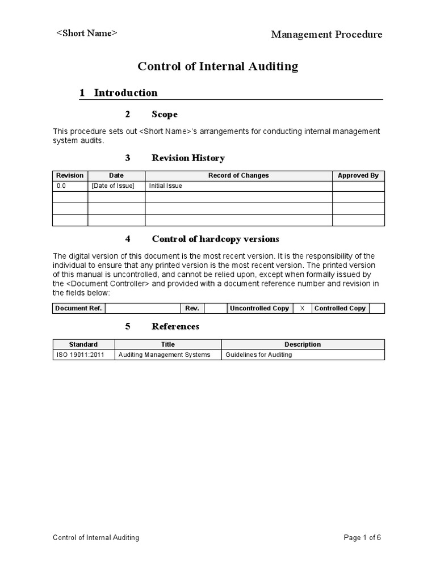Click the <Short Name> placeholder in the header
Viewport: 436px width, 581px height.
click(86, 33)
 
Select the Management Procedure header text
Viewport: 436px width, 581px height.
click(326, 35)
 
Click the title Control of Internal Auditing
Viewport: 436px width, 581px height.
click(218, 66)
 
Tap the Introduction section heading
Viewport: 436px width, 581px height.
click(125, 92)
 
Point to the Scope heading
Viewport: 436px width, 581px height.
click(164, 115)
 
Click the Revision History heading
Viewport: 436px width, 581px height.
click(188, 158)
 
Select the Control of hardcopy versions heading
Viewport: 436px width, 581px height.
click(215, 239)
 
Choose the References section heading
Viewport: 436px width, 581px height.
click(175, 326)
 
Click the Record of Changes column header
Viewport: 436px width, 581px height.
click(238, 176)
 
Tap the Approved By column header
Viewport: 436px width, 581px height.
click(358, 176)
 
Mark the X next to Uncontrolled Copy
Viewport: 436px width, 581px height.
click(302, 309)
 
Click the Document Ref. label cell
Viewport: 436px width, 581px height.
click(78, 309)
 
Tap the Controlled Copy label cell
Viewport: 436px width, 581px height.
click(339, 309)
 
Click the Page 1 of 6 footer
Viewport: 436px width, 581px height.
click(362, 538)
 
